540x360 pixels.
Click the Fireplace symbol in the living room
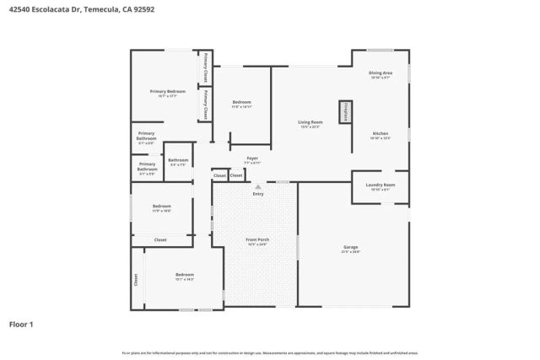point(345,112)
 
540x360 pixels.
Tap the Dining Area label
point(381,73)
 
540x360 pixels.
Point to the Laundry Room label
point(381,185)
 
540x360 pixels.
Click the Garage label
point(351,247)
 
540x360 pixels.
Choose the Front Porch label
point(257,240)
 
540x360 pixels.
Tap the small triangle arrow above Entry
point(258,187)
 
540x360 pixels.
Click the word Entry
point(258,195)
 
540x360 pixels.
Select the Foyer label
point(252,158)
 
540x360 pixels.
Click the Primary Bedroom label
point(167,91)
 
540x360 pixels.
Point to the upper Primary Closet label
point(206,67)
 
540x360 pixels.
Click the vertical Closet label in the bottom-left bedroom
point(136,279)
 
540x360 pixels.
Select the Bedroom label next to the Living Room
point(242,102)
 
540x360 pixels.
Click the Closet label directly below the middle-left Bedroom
point(160,240)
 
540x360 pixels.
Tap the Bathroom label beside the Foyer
point(178,160)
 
